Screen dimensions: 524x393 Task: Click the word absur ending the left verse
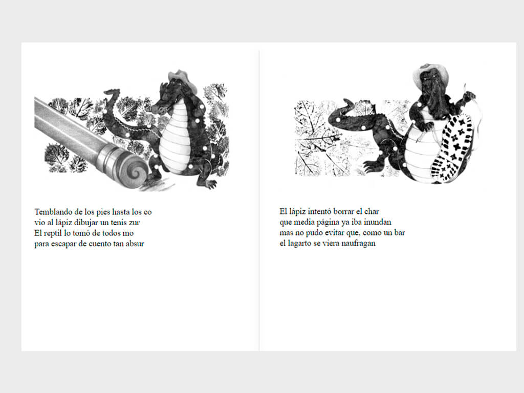[x=135, y=244]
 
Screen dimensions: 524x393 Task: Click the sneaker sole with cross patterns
[x=452, y=147]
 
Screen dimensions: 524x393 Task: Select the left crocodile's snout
[x=160, y=107]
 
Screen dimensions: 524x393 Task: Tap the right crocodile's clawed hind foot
[x=372, y=166]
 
